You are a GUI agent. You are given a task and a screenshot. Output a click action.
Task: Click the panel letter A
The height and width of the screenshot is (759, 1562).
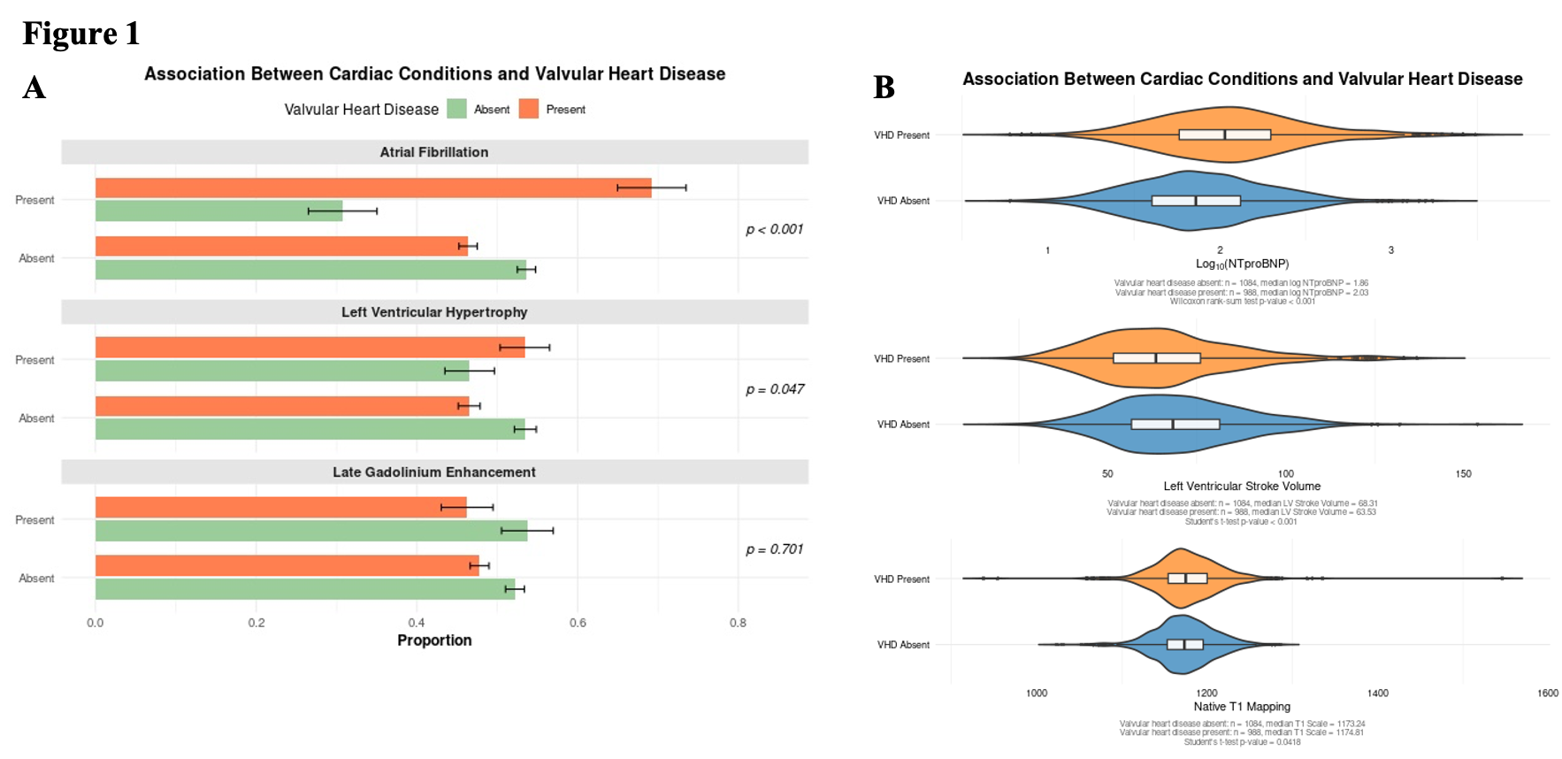pyautogui.click(x=34, y=88)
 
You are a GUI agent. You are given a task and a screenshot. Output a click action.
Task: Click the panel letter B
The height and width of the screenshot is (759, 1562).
pyautogui.click(x=884, y=88)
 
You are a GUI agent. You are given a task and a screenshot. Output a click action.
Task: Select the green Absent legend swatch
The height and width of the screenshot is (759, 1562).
pyautogui.click(x=456, y=109)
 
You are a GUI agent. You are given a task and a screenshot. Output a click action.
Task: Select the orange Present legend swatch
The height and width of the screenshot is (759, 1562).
pyautogui.click(x=529, y=109)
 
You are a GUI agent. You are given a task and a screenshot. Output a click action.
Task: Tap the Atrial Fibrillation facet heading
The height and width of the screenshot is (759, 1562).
pyautogui.click(x=433, y=152)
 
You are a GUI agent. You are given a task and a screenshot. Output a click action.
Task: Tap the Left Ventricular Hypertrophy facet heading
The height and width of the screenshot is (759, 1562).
pyautogui.click(x=433, y=312)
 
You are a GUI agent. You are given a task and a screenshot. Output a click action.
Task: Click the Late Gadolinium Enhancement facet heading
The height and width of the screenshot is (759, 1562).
pyautogui.click(x=433, y=472)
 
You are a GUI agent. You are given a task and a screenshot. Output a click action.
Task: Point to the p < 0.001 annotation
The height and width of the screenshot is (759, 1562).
pyautogui.click(x=774, y=229)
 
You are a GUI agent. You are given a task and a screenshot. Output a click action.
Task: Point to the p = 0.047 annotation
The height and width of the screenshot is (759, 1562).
pyautogui.click(x=774, y=389)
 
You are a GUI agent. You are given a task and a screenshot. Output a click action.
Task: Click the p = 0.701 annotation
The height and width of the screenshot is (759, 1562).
pyautogui.click(x=774, y=549)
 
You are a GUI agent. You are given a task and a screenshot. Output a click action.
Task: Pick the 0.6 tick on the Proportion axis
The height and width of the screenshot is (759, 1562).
pyautogui.click(x=578, y=623)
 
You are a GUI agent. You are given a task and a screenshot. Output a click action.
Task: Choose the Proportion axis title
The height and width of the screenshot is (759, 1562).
pyautogui.click(x=433, y=640)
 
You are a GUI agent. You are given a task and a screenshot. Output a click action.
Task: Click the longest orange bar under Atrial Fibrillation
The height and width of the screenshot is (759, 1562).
pyautogui.click(x=372, y=188)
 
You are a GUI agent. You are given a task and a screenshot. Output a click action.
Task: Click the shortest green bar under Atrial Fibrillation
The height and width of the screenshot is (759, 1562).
pyautogui.click(x=218, y=211)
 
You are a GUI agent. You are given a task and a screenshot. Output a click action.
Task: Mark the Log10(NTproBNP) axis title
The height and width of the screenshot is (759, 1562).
pyautogui.click(x=1242, y=264)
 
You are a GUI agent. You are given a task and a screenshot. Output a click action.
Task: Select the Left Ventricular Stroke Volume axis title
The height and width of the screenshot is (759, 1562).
pyautogui.click(x=1242, y=487)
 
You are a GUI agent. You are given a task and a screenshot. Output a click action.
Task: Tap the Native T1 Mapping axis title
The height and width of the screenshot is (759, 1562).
pyautogui.click(x=1242, y=707)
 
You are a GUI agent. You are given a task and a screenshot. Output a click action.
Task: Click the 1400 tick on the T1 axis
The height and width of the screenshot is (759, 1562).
pyautogui.click(x=1377, y=694)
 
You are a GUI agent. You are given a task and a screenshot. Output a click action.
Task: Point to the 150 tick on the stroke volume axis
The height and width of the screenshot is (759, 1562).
pyautogui.click(x=1463, y=474)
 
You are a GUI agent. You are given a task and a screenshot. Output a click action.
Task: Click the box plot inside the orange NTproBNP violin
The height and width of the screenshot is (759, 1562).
pyautogui.click(x=1224, y=134)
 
